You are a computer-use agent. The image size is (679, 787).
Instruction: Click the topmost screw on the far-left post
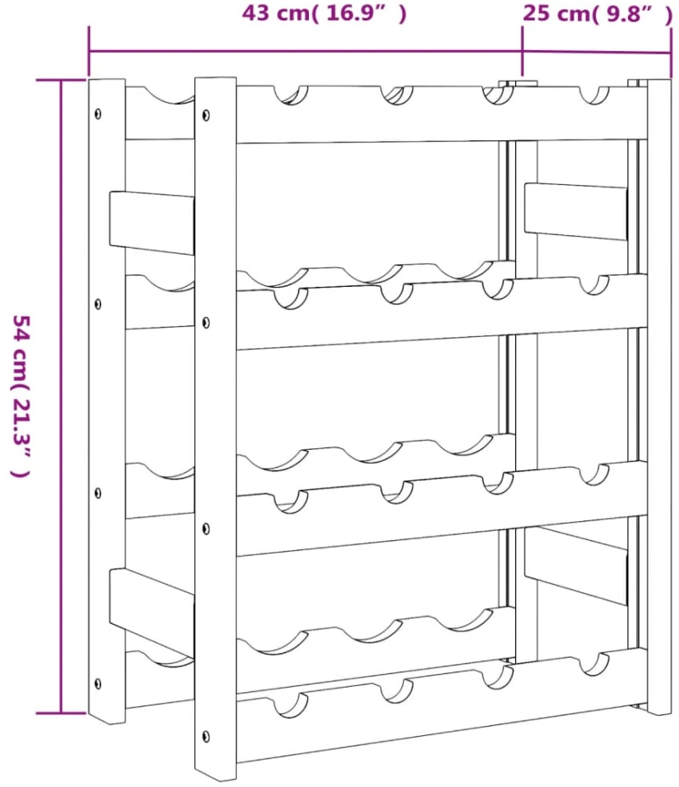(98, 114)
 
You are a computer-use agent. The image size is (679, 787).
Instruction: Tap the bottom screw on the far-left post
(98, 683)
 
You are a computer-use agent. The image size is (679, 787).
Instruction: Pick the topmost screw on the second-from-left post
(205, 115)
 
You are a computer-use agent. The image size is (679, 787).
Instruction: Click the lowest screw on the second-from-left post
(205, 737)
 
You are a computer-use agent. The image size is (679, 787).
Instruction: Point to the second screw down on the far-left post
(98, 304)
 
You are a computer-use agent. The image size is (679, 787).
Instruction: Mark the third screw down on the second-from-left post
(205, 530)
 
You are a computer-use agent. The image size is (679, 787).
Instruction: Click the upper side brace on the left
(152, 222)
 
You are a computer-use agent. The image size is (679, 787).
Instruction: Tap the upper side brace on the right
(576, 211)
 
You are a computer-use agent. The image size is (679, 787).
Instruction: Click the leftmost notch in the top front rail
(291, 95)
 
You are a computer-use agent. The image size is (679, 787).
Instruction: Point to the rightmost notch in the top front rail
(595, 95)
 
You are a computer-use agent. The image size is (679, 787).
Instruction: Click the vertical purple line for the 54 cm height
(61, 396)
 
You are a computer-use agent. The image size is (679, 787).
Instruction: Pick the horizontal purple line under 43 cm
(306, 51)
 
